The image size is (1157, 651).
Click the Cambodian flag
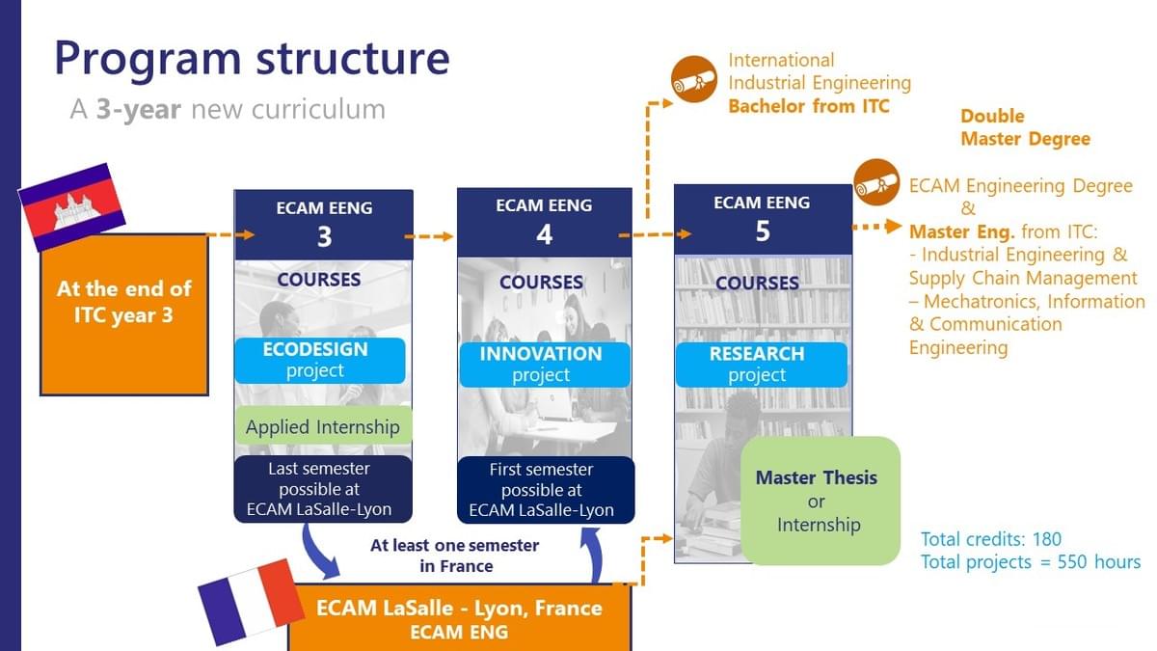tap(72, 206)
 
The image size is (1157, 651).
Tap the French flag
tap(252, 600)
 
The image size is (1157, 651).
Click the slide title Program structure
tap(252, 57)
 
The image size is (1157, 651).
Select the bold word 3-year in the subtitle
tap(138, 109)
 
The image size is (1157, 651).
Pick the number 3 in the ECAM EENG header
tap(324, 237)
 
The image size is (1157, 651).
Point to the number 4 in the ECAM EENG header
tap(544, 235)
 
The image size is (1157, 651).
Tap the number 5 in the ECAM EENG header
tap(762, 231)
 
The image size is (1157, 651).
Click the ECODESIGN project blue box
tap(316, 360)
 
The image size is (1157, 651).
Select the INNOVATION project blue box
tap(541, 364)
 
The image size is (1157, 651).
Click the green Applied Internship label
tap(323, 426)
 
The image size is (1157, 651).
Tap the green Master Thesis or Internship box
tap(819, 501)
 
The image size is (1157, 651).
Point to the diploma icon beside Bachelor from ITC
tap(693, 80)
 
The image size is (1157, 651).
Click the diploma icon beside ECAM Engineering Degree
tap(876, 182)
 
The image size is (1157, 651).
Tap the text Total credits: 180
tap(990, 539)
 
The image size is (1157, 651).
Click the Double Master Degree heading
tap(1024, 127)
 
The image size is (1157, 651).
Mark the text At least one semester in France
tap(454, 556)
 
